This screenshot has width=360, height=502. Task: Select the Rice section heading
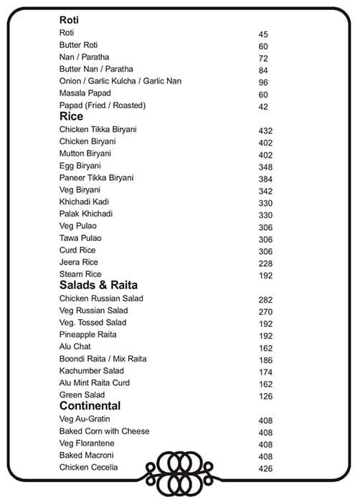point(71,116)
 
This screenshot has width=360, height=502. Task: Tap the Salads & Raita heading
point(98,285)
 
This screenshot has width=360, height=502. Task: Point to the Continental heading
point(90,406)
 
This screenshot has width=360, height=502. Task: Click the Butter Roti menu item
point(78,45)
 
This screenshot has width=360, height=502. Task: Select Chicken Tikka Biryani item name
point(98,129)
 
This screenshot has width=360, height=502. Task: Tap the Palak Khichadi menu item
point(86,214)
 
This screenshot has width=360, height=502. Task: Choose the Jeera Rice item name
point(78,262)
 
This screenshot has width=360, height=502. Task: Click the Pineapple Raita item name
point(87,335)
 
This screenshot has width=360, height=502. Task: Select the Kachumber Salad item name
point(91,371)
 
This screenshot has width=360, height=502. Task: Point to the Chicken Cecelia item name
point(89,468)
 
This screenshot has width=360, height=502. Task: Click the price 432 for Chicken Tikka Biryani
point(265,131)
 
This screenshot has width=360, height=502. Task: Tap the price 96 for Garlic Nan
point(262,82)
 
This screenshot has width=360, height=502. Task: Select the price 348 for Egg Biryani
point(265,167)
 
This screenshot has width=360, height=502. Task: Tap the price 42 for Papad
point(262,107)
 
